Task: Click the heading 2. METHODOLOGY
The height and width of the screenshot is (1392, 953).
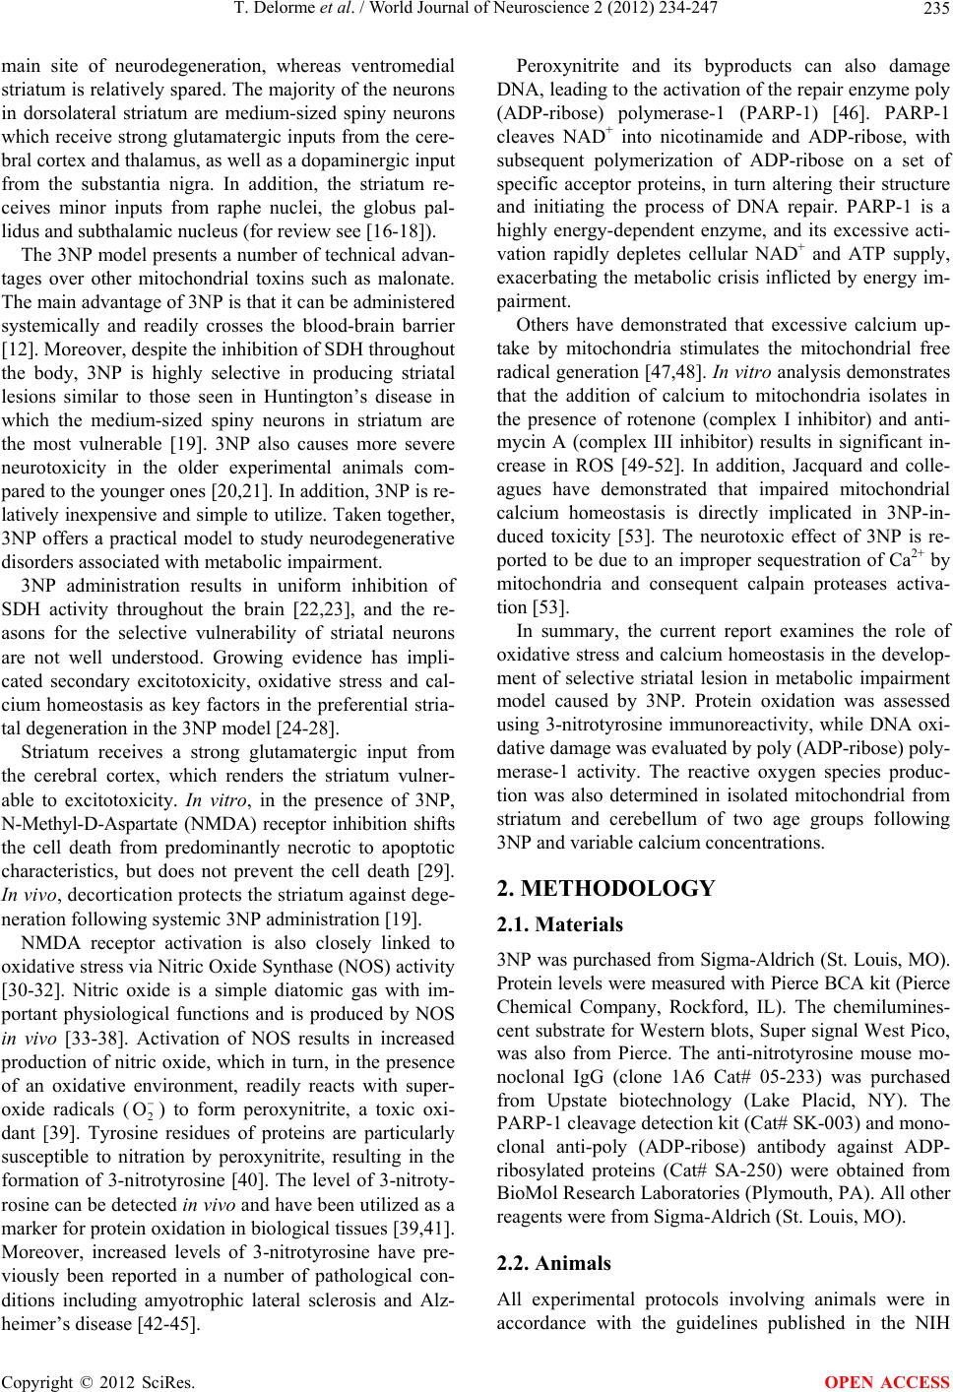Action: (604, 890)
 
